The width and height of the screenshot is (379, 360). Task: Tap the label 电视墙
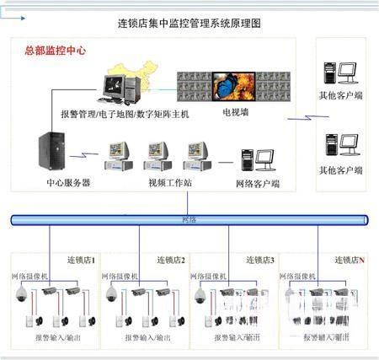pyautogui.click(x=235, y=110)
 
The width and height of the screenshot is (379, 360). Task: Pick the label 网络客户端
pyautogui.click(x=258, y=183)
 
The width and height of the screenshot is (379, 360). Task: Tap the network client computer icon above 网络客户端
pyautogui.click(x=258, y=159)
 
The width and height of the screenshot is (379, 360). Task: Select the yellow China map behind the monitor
pyautogui.click(x=142, y=76)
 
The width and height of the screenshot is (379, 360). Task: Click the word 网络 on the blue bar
pyautogui.click(x=189, y=219)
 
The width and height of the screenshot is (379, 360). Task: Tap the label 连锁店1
pyautogui.click(x=82, y=260)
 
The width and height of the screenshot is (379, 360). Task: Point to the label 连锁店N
pyautogui.click(x=350, y=260)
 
